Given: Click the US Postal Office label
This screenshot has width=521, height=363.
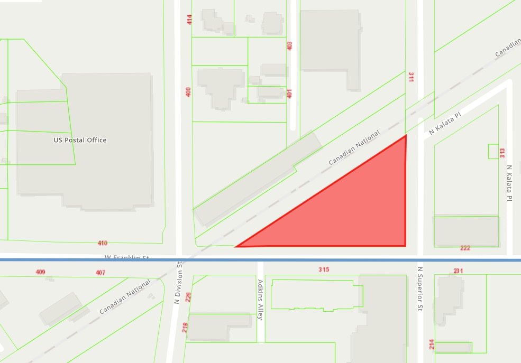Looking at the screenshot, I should (80, 140).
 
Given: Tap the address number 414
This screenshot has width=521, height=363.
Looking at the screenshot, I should (189, 20).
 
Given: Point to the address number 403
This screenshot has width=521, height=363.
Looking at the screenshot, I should (289, 46).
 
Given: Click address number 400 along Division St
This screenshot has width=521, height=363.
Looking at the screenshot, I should (188, 91).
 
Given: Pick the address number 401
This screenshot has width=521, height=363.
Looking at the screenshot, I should (289, 93).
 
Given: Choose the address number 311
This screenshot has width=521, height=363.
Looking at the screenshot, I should (410, 77).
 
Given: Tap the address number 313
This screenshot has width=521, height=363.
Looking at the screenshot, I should (502, 153).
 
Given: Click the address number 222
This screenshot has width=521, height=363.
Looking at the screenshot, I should (465, 248).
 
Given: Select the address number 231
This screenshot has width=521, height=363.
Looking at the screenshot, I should (458, 271).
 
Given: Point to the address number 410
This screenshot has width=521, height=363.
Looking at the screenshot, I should (102, 243).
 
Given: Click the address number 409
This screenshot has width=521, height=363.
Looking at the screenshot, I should (40, 272).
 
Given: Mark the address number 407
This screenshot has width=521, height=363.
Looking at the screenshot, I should (100, 273).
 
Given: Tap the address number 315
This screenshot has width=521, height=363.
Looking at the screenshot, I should (324, 269).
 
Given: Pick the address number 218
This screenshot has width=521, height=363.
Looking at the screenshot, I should (185, 328).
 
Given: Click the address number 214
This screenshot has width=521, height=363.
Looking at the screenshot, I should (432, 344).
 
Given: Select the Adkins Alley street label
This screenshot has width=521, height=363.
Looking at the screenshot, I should (260, 303).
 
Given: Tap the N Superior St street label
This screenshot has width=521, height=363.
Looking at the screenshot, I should (420, 289).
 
